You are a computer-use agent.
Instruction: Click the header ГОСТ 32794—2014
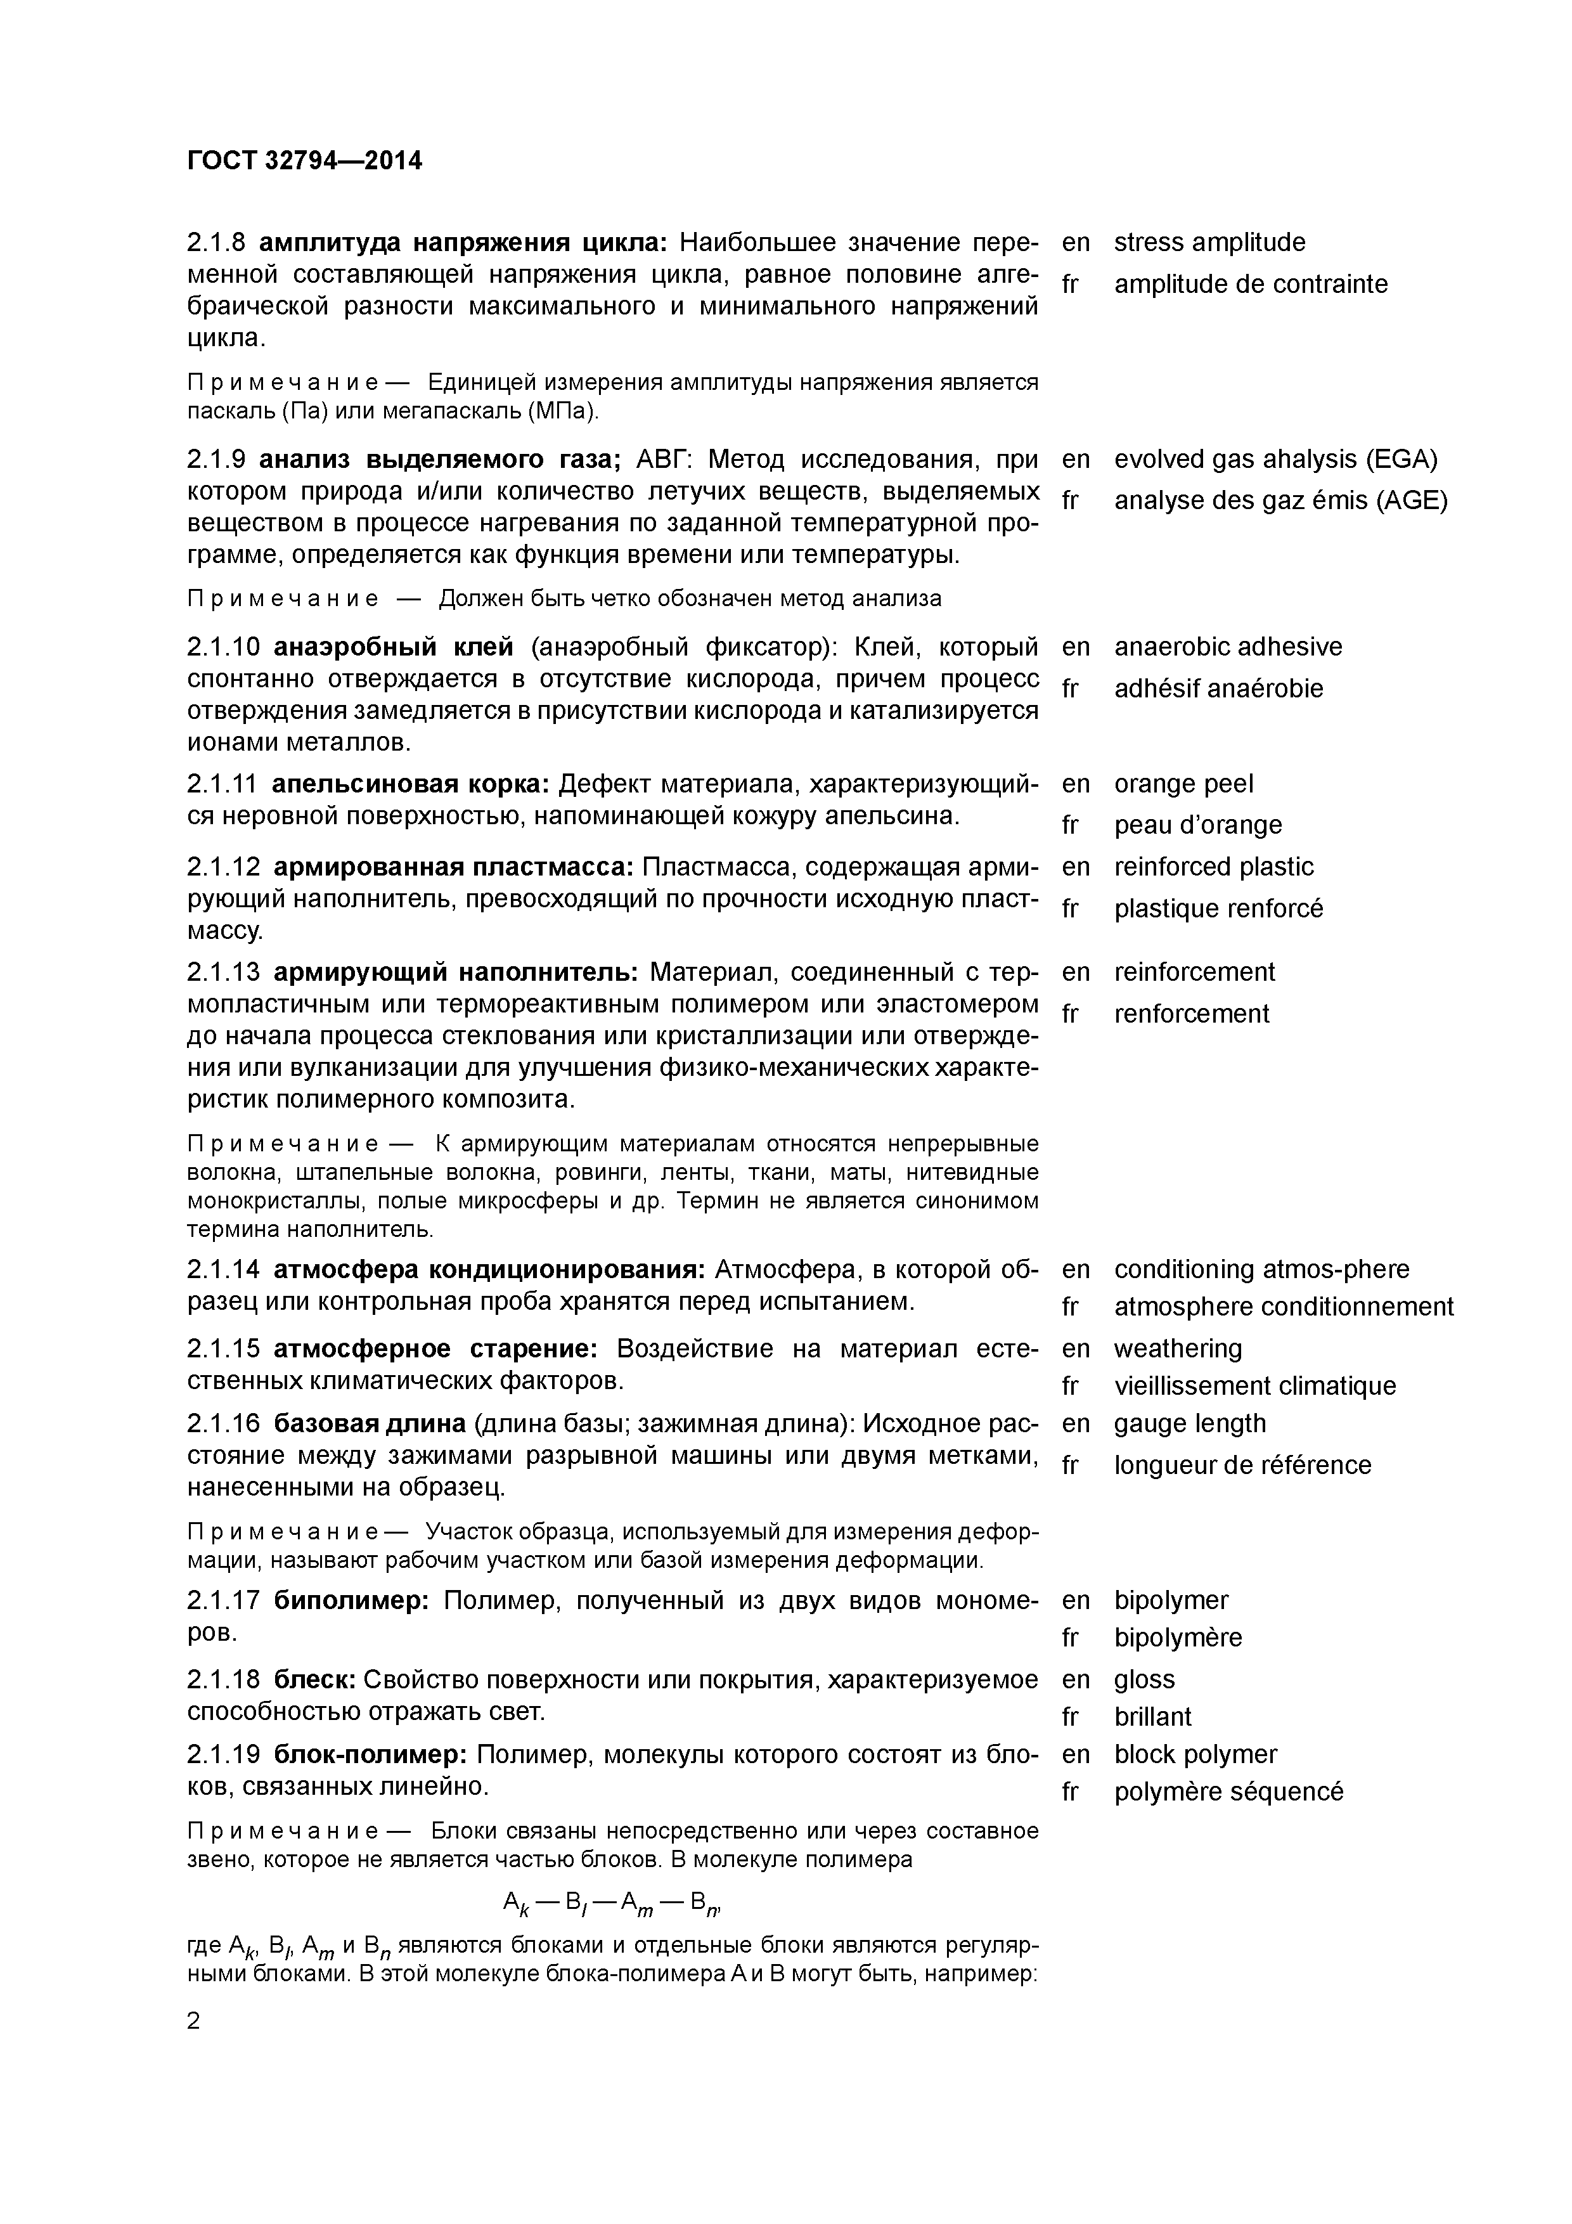point(304,161)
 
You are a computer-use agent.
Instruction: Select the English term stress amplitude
point(1209,242)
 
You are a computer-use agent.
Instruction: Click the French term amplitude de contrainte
point(1251,284)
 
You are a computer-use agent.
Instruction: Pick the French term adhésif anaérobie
point(1218,689)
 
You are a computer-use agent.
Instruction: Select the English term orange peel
point(1183,784)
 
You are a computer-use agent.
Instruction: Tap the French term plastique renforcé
point(1218,908)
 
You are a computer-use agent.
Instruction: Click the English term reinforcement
point(1194,971)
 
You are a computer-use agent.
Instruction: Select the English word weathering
point(1177,1348)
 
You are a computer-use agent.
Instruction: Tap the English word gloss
point(1144,1679)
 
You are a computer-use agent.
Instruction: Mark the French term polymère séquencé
point(1228,1792)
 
